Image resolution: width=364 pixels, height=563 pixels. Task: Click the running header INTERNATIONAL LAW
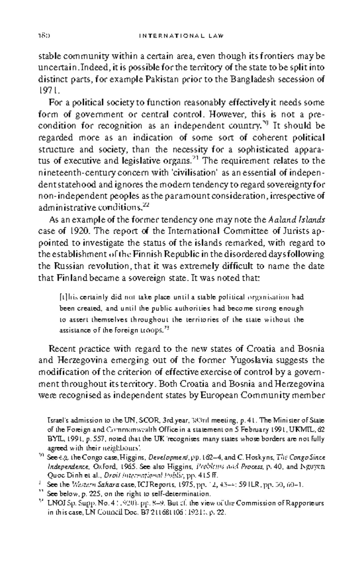pyautogui.click(x=181, y=36)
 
